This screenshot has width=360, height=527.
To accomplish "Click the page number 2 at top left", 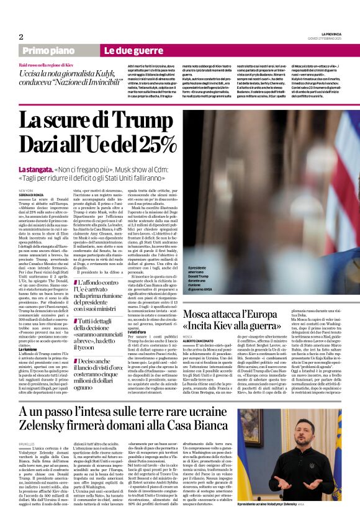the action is tap(21, 36).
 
